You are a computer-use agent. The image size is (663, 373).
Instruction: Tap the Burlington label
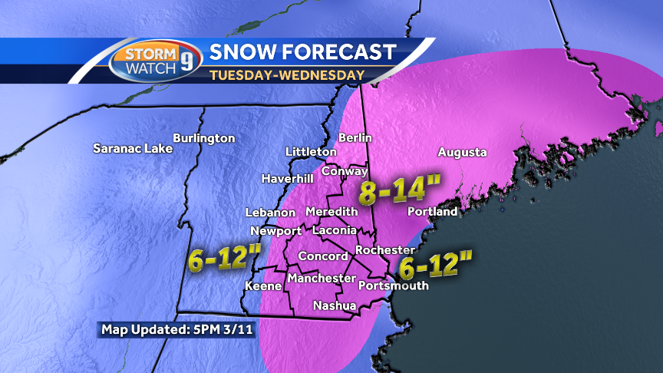[x=203, y=138]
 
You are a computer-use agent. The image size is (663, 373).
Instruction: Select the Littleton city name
[x=311, y=152]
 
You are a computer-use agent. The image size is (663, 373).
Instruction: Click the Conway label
[x=345, y=171]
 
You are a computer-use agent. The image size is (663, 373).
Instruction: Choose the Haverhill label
[x=287, y=178]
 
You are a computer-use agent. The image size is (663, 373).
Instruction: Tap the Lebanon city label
[x=270, y=213]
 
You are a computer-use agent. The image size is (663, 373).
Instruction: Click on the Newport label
[x=275, y=231]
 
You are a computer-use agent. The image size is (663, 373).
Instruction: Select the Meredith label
[x=331, y=211]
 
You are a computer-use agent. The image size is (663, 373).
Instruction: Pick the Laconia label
[x=335, y=229]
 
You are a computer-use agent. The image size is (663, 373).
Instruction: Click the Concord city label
[x=323, y=256]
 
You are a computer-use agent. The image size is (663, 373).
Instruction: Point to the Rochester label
[x=386, y=250]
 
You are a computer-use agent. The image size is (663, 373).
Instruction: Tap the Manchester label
[x=322, y=279]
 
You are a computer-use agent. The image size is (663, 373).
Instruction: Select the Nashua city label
[x=335, y=305]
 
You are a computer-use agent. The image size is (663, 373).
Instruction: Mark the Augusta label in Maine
[x=462, y=152]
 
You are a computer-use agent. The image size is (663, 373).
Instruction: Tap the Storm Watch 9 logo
[x=155, y=61]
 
